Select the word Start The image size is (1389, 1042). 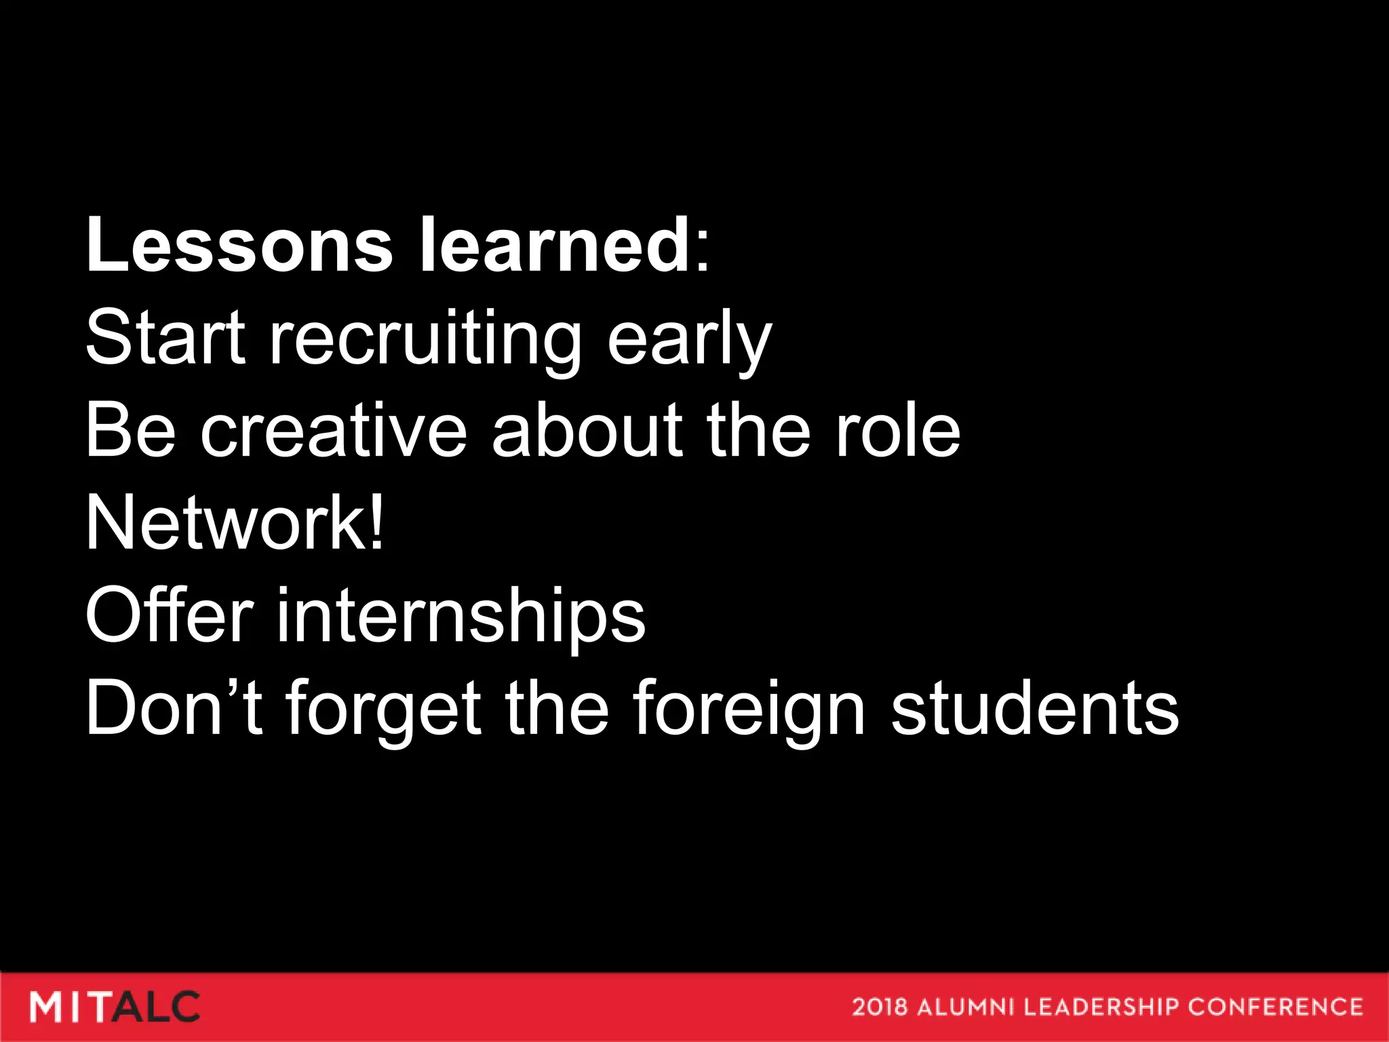[x=165, y=337]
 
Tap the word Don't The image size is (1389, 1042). [x=174, y=708]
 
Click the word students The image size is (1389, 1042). [x=1035, y=708]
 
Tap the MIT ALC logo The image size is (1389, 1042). [x=115, y=1007]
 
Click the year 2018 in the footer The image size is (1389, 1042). [x=879, y=1007]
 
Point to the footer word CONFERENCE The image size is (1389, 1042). [x=1275, y=1007]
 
